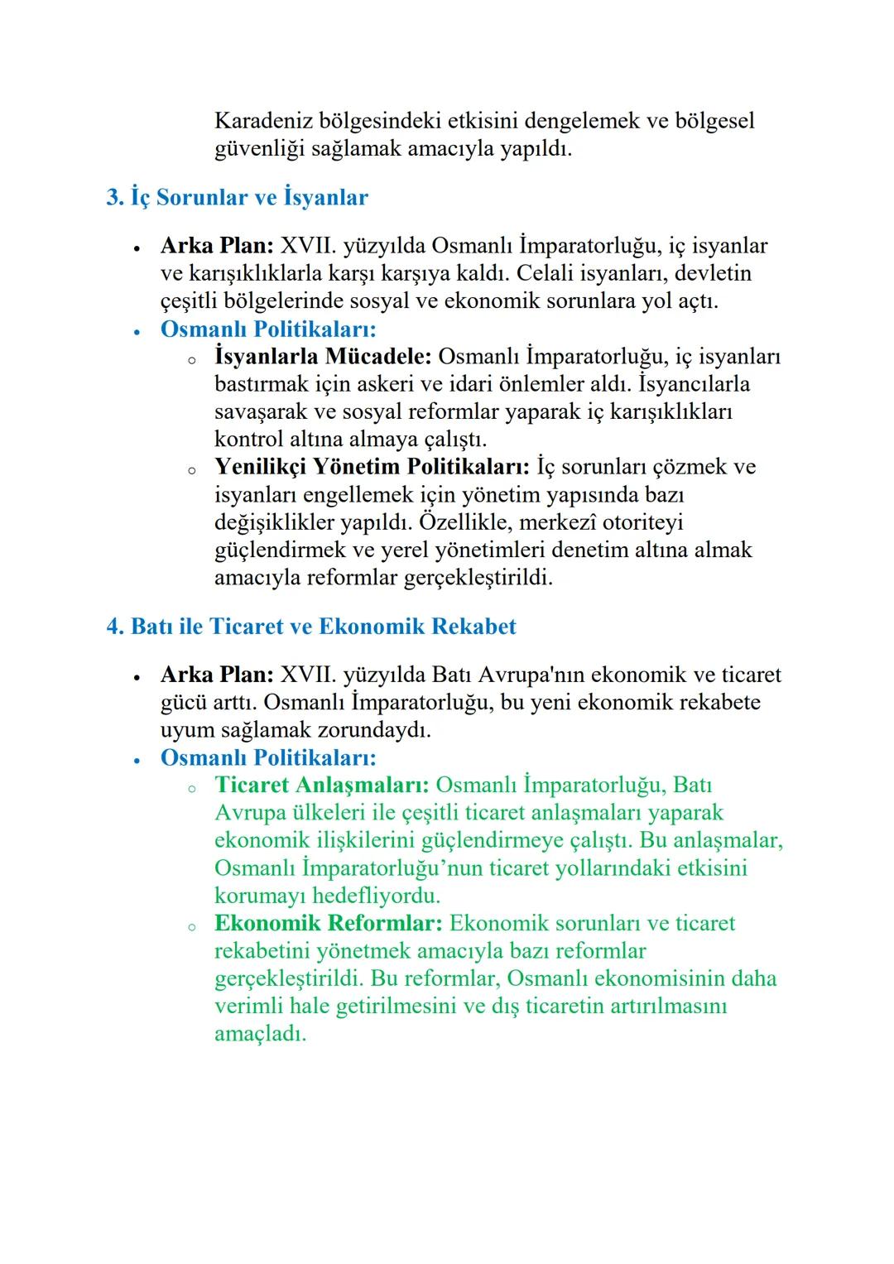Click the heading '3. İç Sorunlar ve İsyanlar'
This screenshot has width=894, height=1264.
(x=237, y=198)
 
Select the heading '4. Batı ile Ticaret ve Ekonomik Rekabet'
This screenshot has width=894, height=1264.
(x=310, y=627)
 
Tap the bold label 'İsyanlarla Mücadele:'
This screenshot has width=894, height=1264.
(x=323, y=357)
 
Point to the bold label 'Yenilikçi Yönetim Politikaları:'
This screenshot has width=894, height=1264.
(x=372, y=467)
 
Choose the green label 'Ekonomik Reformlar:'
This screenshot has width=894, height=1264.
(x=328, y=924)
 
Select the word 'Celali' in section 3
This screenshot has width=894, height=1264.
(x=544, y=273)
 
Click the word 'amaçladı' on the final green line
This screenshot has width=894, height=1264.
(x=260, y=1034)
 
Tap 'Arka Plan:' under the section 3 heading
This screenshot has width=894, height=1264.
(x=216, y=246)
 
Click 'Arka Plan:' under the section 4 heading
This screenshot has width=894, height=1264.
(x=216, y=675)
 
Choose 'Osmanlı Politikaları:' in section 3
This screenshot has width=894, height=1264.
(x=267, y=329)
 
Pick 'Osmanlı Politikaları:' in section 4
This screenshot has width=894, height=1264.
(x=267, y=758)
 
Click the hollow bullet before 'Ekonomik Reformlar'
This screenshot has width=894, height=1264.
(x=191, y=927)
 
